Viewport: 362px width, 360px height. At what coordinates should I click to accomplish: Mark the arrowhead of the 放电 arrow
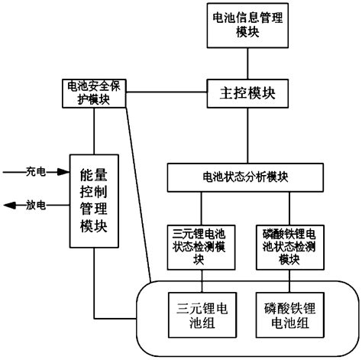[x=7, y=205]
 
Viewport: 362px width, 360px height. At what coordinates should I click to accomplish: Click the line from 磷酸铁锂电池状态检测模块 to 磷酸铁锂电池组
[x=290, y=280]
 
